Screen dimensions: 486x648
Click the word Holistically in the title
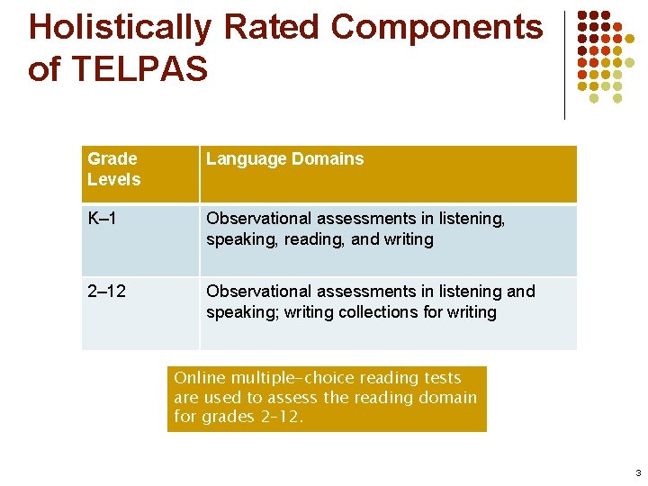[x=121, y=28]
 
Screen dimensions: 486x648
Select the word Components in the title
[x=436, y=28]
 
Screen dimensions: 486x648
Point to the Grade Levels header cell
[x=114, y=169]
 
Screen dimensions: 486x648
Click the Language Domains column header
[x=285, y=159]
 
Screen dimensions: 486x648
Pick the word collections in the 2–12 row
[x=389, y=312]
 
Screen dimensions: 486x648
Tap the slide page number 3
[x=637, y=473]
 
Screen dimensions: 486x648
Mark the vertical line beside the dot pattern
[x=564, y=65]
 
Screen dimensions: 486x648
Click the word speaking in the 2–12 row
[x=236, y=312]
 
